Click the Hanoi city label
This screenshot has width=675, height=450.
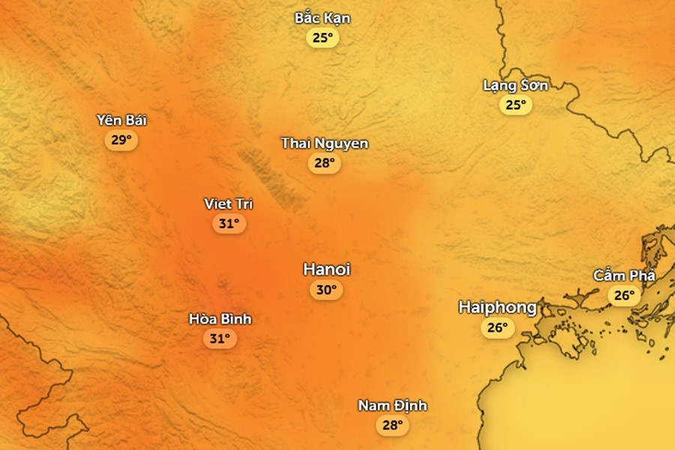[326, 269]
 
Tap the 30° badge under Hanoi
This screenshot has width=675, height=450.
[326, 290]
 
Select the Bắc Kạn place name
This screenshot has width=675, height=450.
[322, 18]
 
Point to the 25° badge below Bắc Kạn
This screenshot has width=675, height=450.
[322, 37]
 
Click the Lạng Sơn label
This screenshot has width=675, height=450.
[515, 85]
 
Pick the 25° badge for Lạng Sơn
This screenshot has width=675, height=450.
[515, 105]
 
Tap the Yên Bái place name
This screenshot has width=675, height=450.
[121, 120]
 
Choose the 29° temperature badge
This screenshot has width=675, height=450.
[121, 140]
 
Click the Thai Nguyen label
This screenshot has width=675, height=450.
[325, 143]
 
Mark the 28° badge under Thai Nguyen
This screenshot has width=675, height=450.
[324, 163]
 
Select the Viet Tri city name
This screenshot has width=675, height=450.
[229, 204]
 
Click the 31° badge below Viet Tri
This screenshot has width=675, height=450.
[229, 223]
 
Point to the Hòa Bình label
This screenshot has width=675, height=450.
[220, 319]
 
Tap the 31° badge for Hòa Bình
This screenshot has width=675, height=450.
[219, 339]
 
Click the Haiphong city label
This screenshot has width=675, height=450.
[497, 307]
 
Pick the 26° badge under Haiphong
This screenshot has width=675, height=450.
[497, 328]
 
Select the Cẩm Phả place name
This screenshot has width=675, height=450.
[624, 276]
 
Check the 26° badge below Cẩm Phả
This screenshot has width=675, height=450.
[624, 295]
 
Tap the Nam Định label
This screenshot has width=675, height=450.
[392, 406]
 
